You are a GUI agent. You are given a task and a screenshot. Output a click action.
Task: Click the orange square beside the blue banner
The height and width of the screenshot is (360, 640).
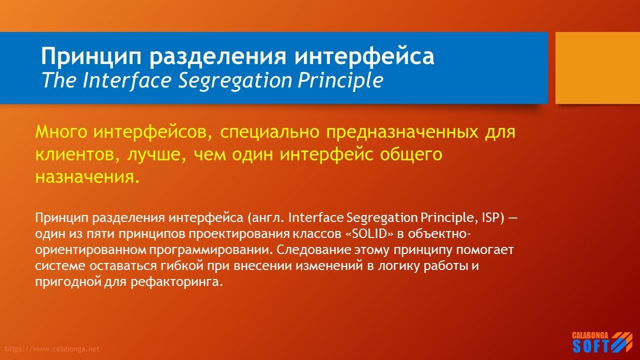[x=597, y=68]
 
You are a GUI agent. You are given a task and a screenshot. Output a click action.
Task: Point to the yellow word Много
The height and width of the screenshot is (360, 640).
[x=61, y=132]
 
